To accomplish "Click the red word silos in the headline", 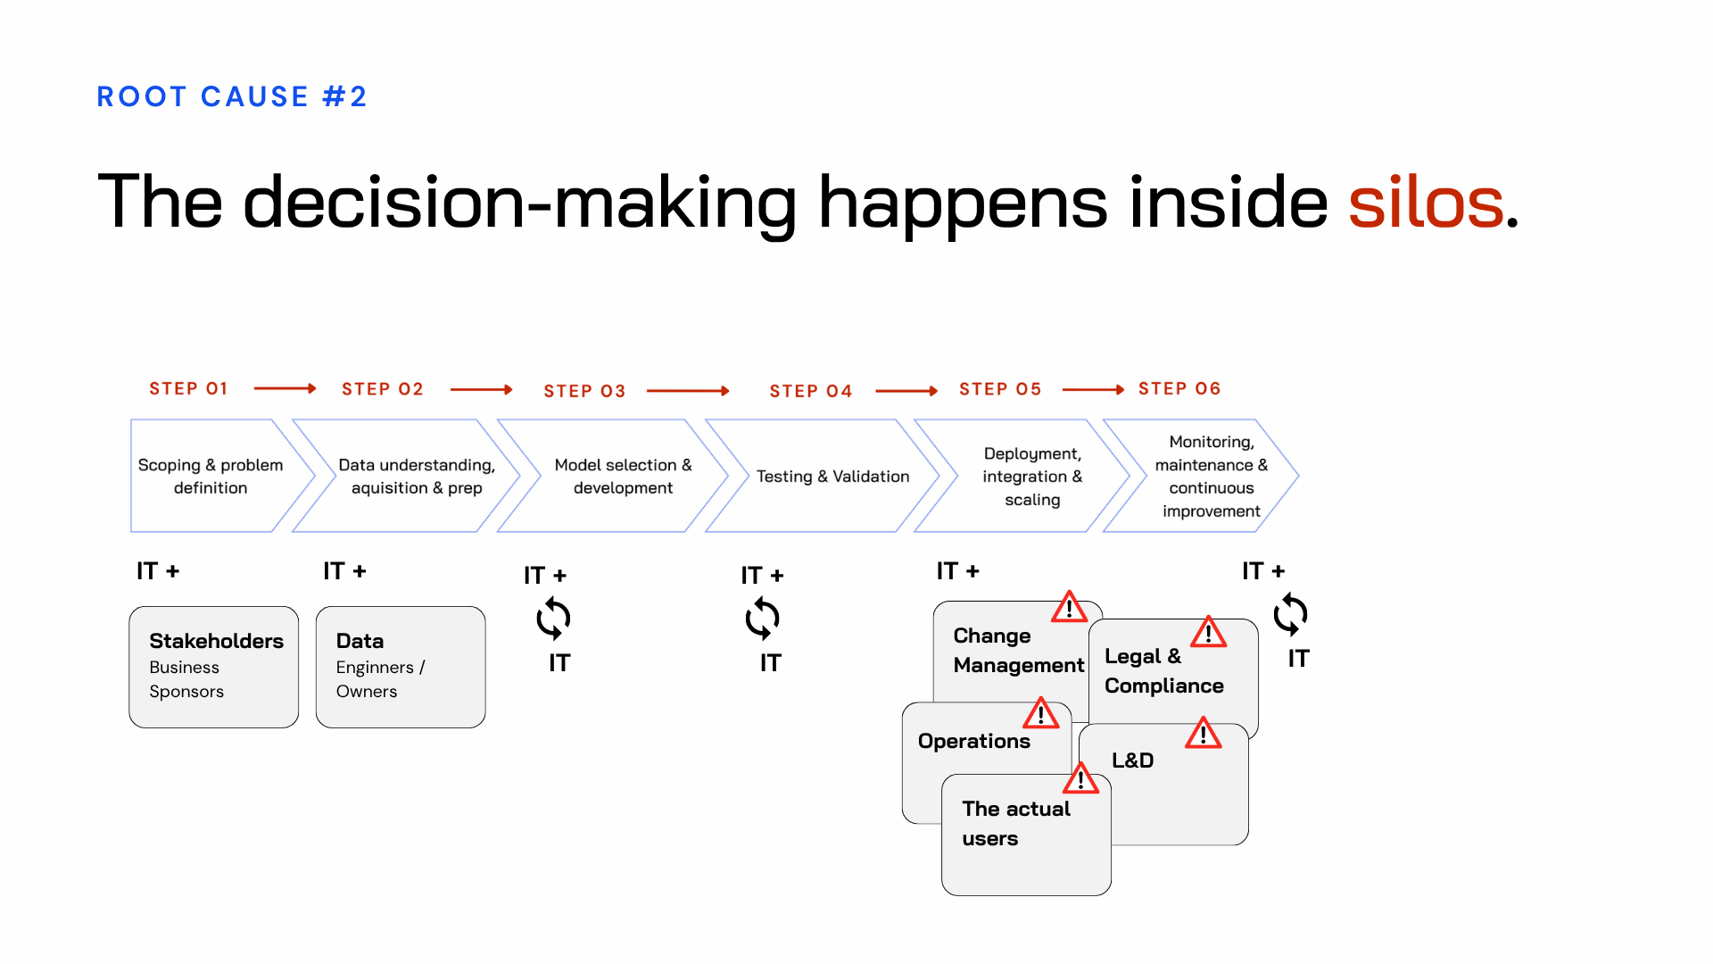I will [1425, 203].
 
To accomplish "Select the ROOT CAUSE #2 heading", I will [232, 96].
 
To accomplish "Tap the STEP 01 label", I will [188, 389].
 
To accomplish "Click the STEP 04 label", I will [810, 391].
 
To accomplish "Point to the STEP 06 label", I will [1179, 389].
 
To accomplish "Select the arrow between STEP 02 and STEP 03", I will [481, 389].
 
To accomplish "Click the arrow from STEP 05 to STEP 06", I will [1093, 389].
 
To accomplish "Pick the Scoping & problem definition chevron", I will [211, 476].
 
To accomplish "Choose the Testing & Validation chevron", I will [832, 476].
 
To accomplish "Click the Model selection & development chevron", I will [622, 476].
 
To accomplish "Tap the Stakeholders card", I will [214, 667].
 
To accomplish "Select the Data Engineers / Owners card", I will [401, 667].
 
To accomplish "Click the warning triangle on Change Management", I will [1069, 608].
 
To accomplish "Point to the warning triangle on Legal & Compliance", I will [1208, 632].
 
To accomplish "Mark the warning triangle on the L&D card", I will [1203, 734].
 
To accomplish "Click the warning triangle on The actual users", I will [1080, 779].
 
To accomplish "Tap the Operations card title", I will [973, 741].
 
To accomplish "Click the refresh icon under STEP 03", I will [553, 618].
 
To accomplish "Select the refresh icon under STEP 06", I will [1290, 614].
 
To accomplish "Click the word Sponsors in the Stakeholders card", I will [186, 692].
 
